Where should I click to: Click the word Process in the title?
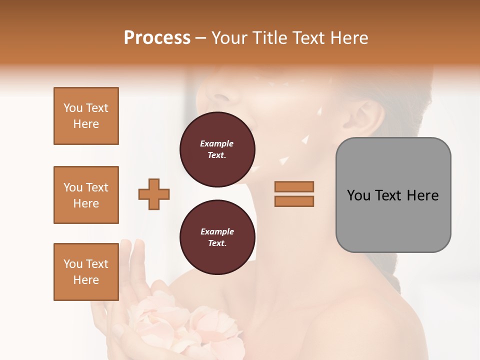point(157,38)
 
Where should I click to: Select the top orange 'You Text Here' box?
point(86,116)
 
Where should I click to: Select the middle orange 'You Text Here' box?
point(86,195)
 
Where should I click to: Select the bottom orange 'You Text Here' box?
point(86,272)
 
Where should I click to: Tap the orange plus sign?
point(154,194)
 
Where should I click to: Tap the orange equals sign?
point(294,194)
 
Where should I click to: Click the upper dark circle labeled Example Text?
point(217,149)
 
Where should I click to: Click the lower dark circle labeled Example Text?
point(217,237)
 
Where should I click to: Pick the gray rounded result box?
point(393,195)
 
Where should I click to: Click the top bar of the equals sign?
point(294,186)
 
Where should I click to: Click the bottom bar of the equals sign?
point(294,201)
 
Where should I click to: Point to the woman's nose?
point(220,92)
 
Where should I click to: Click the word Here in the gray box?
point(423,195)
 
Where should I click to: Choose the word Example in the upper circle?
point(217,143)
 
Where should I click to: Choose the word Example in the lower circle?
point(217,231)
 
